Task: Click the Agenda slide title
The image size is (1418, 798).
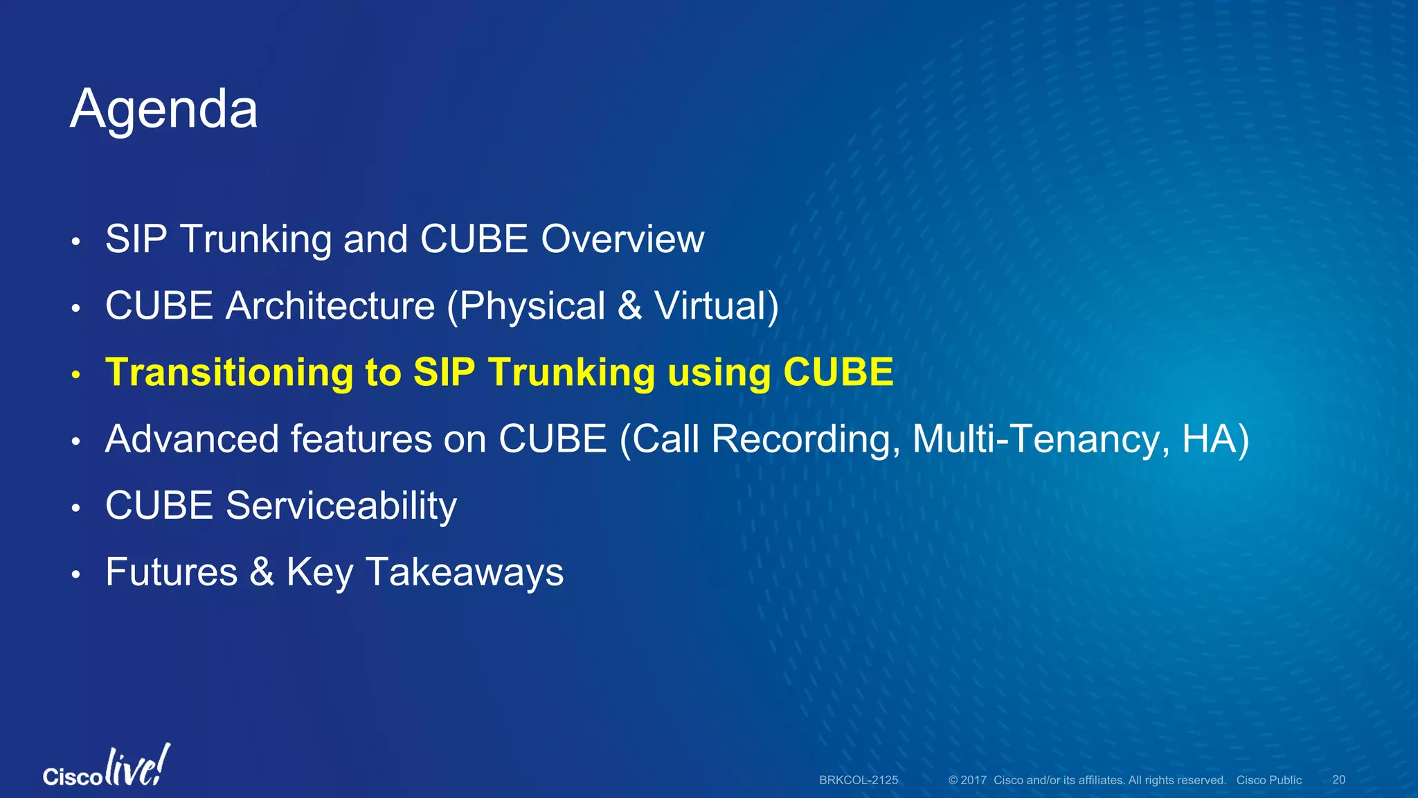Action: [164, 110]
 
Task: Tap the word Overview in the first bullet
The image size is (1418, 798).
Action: [622, 239]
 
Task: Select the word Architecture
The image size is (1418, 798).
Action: [330, 305]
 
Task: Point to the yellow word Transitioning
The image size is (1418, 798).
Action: [228, 373]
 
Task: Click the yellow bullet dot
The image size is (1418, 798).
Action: [76, 375]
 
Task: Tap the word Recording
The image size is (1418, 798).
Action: [806, 439]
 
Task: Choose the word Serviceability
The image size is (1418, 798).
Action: [341, 506]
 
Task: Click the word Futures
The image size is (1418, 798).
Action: [172, 572]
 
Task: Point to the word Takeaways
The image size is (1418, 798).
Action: [465, 573]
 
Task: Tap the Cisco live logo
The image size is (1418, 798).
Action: [107, 766]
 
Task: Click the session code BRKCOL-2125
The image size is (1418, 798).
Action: [859, 780]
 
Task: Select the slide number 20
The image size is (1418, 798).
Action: [1339, 780]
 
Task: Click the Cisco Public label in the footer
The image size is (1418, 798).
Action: [1269, 780]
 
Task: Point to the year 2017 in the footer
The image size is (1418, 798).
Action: [973, 780]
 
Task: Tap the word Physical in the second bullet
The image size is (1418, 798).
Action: [532, 306]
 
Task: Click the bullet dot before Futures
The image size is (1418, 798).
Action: [76, 575]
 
